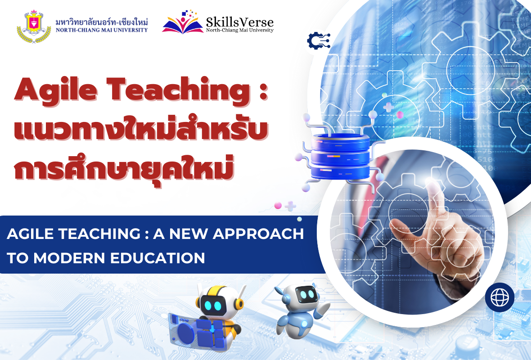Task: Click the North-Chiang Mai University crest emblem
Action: (34, 27)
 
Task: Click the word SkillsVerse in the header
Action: (240, 22)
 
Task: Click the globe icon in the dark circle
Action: (499, 297)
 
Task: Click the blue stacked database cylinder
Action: (340, 156)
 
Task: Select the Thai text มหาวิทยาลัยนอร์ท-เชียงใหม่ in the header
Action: (102, 22)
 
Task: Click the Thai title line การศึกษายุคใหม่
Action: (124, 166)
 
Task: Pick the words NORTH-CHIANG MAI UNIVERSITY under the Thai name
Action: (102, 30)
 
